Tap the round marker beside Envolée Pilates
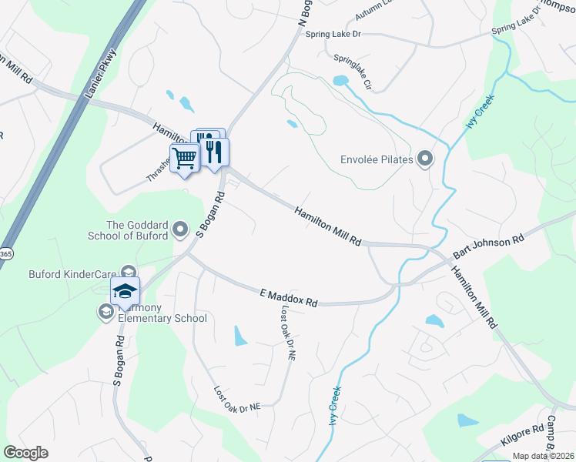424,160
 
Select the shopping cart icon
185,159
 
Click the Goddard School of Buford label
136,230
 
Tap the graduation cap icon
125,292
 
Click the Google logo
25,453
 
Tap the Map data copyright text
544,456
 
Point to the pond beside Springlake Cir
340,80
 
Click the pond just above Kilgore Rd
467,420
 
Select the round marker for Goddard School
180,229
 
